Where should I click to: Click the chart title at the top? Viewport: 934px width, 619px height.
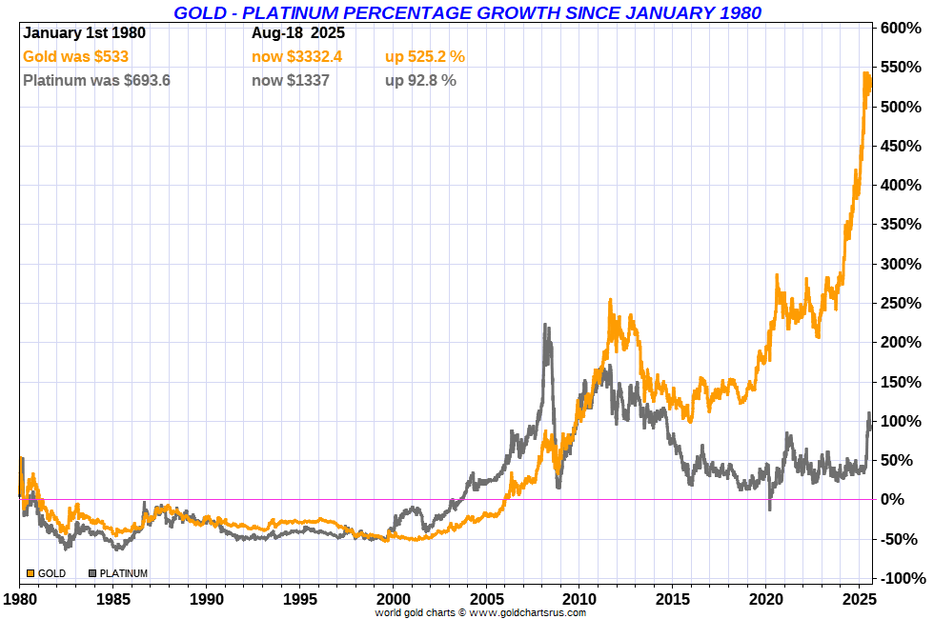pos(467,12)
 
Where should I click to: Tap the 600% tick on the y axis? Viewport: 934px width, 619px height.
pos(902,29)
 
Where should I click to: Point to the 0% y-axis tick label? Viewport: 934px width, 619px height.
pos(906,499)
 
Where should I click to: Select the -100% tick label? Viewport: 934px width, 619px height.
pos(900,578)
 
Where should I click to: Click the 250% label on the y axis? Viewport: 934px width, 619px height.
pos(902,303)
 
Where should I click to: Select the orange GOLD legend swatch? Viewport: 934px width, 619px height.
pos(30,573)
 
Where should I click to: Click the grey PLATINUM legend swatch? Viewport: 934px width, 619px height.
pos(92,573)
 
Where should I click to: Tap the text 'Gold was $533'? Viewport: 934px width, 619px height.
pos(75,57)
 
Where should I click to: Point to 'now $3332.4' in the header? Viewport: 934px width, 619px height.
pos(296,57)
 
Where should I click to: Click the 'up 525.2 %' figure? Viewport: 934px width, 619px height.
pos(425,57)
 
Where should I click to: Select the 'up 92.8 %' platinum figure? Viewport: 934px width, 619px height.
pos(420,81)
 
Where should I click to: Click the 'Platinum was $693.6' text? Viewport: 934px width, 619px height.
pos(96,81)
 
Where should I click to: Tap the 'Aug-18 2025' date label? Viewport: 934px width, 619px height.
pos(298,33)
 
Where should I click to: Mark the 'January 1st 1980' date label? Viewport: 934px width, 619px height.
pos(85,33)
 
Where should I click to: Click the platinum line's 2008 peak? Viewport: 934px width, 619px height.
pos(545,326)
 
